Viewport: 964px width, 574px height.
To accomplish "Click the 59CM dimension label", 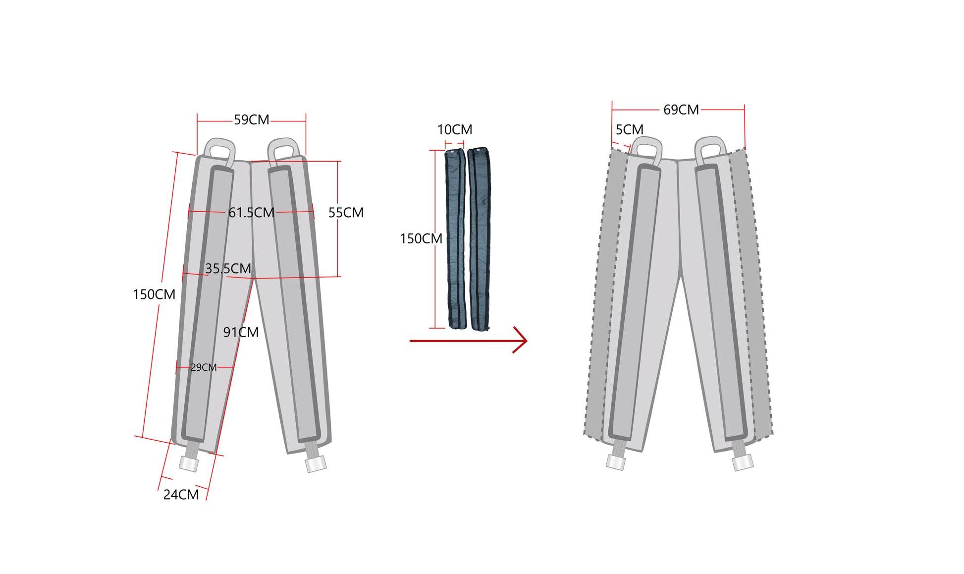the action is pyautogui.click(x=252, y=120).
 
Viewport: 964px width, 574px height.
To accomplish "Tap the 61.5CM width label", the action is pyautogui.click(x=251, y=213).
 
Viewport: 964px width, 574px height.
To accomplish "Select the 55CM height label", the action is pyautogui.click(x=346, y=213).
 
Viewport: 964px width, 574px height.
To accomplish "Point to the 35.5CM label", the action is pyautogui.click(x=228, y=269).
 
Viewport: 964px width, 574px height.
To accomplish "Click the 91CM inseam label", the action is pyautogui.click(x=241, y=332).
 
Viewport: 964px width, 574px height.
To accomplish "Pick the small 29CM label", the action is pyautogui.click(x=204, y=367).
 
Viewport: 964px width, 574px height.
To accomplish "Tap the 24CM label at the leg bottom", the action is pyautogui.click(x=181, y=495).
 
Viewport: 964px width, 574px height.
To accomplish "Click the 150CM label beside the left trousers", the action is pyautogui.click(x=154, y=294).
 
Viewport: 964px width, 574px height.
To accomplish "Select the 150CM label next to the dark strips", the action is pyautogui.click(x=421, y=239).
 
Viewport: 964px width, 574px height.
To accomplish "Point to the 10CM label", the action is pyautogui.click(x=455, y=130).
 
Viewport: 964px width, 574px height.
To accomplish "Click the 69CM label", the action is pyautogui.click(x=681, y=110).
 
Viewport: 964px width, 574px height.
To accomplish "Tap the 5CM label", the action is pyautogui.click(x=630, y=130).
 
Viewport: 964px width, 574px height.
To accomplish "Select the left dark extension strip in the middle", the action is pyautogui.click(x=456, y=238).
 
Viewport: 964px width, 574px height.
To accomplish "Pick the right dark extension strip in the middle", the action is pyautogui.click(x=479, y=239).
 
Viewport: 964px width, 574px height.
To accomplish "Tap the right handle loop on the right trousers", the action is pyautogui.click(x=710, y=150).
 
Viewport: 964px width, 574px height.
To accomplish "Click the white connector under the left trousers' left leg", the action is pyautogui.click(x=189, y=464).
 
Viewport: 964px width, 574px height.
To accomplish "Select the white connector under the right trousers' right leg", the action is pyautogui.click(x=743, y=462).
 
